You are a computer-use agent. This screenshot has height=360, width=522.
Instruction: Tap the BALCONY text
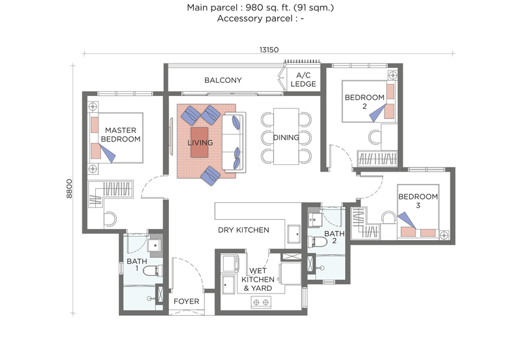pyautogui.click(x=223, y=81)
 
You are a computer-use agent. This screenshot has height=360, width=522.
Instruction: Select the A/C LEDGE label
pyautogui.click(x=303, y=80)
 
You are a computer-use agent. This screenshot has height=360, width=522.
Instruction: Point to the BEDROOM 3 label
pyautogui.click(x=418, y=202)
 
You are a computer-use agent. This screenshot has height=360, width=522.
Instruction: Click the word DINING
pyautogui.click(x=286, y=138)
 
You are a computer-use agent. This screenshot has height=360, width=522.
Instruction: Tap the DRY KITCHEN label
pyautogui.click(x=243, y=230)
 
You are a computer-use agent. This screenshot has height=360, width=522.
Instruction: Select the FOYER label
pyautogui.click(x=186, y=302)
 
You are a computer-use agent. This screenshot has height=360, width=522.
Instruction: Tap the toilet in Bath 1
pyautogui.click(x=151, y=270)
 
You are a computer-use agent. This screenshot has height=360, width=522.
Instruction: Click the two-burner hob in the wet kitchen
pyautogui.click(x=262, y=301)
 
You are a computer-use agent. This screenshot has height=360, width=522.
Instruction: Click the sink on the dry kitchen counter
pyautogui.click(x=294, y=233)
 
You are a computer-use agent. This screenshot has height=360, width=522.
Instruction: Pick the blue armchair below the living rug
pyautogui.click(x=211, y=175)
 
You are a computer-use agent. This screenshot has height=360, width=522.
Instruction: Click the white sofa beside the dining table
pyautogui.click(x=233, y=142)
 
